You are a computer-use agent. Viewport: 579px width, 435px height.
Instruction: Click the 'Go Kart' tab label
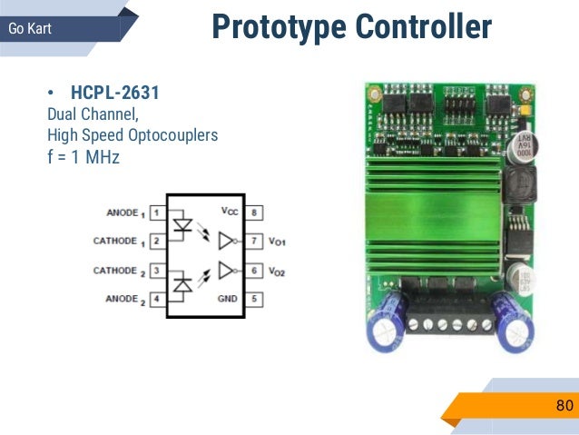pos(30,28)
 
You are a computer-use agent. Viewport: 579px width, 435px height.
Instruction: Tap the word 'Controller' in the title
pos(423,27)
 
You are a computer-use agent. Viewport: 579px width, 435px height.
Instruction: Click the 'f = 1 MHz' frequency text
pos(83,157)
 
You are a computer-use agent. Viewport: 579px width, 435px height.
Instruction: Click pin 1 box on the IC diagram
pos(156,213)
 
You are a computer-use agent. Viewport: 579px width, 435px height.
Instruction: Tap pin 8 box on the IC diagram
pos(257,213)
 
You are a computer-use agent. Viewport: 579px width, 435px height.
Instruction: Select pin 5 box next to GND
pos(257,298)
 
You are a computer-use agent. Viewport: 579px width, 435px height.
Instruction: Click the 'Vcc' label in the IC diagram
pos(229,211)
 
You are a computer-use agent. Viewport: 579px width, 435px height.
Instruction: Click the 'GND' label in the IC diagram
pos(227,298)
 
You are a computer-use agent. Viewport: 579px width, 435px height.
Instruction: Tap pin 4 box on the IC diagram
pos(156,298)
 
